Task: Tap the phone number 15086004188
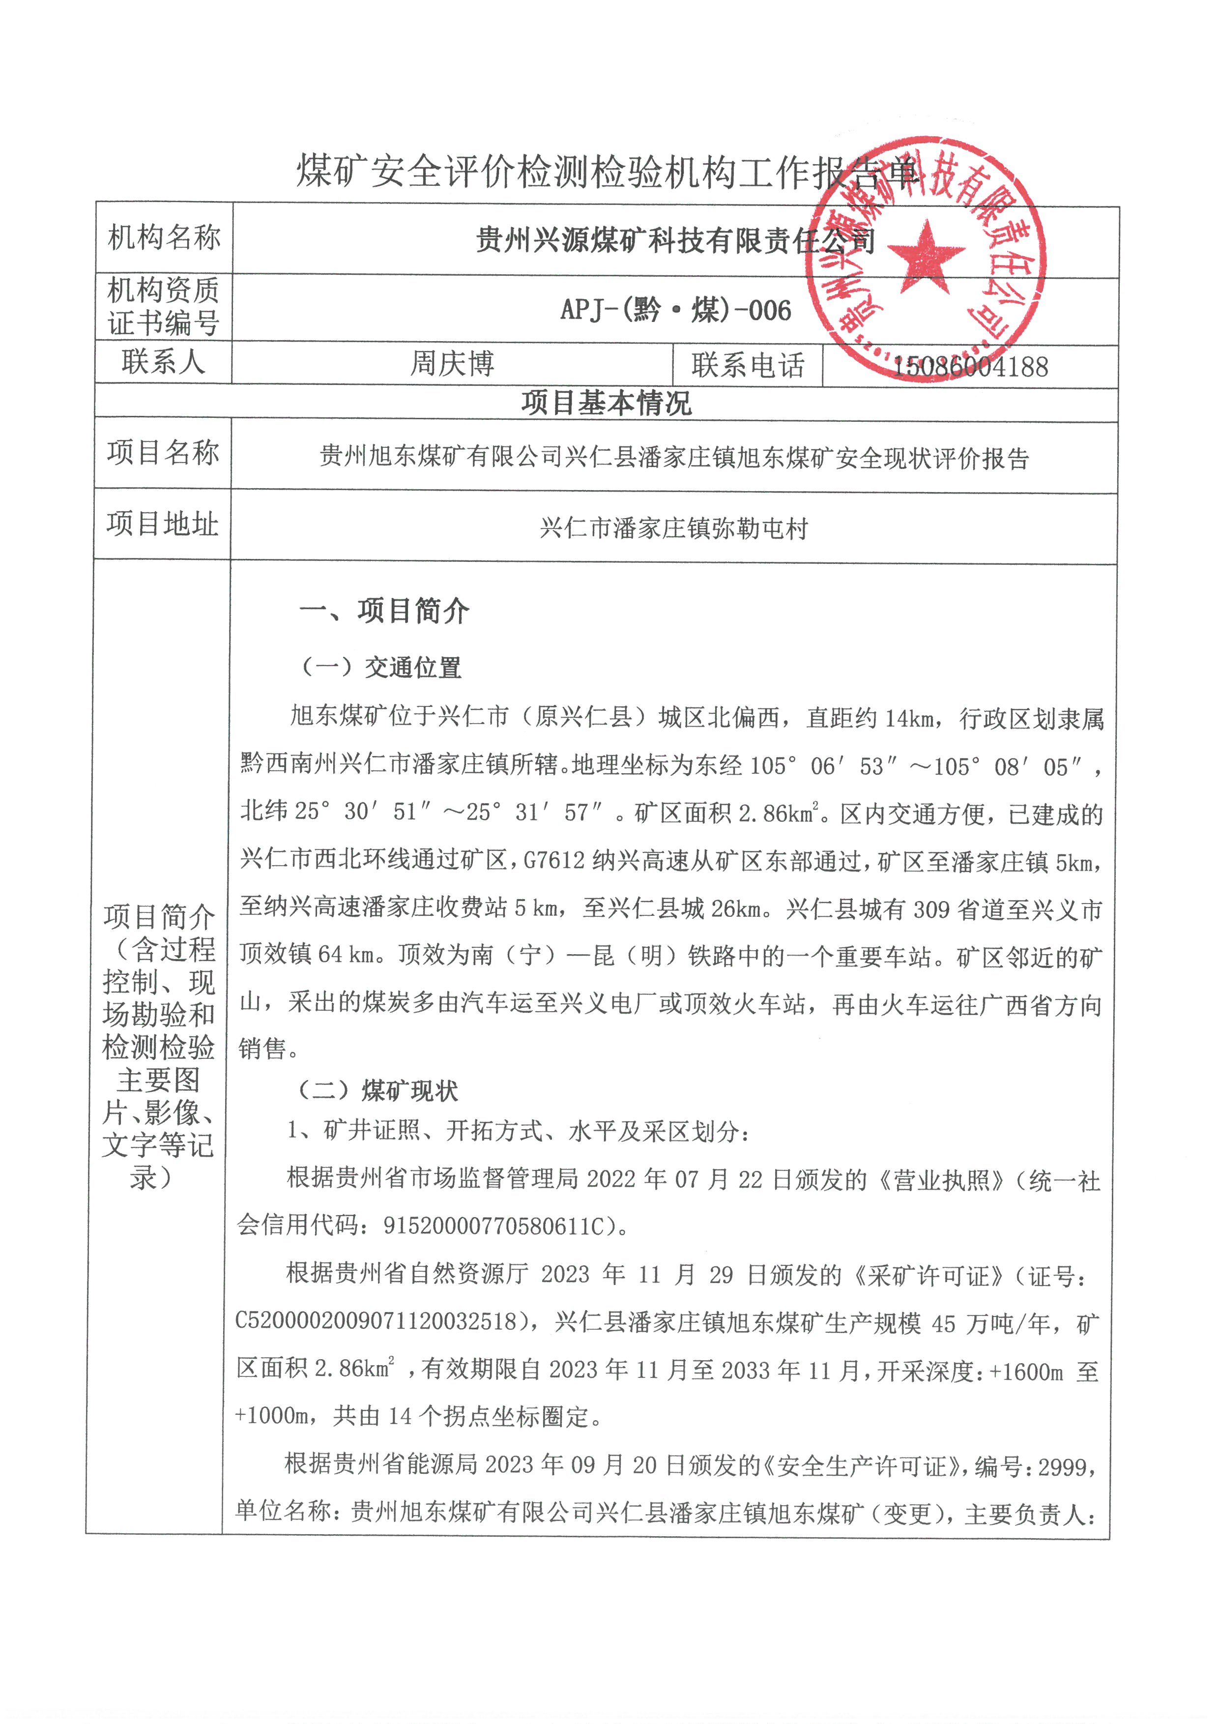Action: point(970,366)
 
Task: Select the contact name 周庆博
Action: point(452,364)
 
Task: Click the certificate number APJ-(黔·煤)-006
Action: point(675,309)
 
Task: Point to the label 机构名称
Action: point(164,237)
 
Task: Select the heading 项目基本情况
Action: point(607,403)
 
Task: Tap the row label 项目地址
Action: point(162,524)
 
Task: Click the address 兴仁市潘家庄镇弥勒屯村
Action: point(673,528)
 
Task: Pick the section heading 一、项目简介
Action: point(384,611)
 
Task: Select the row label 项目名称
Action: point(162,453)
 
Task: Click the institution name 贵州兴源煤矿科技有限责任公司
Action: point(675,241)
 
